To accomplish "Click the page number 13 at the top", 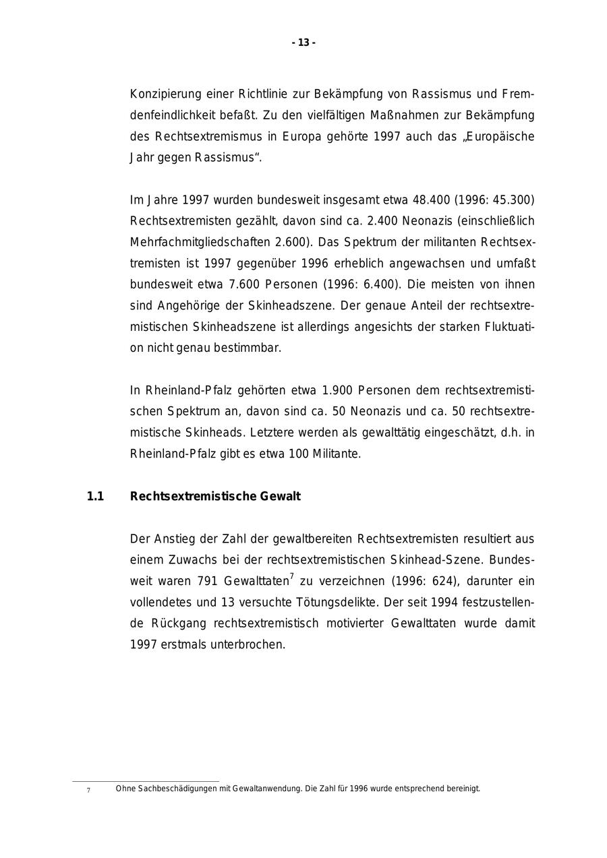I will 303,43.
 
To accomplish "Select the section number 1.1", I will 95,497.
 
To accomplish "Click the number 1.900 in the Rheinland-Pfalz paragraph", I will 338,390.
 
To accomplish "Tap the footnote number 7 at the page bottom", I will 88,790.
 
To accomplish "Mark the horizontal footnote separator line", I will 146,781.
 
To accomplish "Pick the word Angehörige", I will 188,306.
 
